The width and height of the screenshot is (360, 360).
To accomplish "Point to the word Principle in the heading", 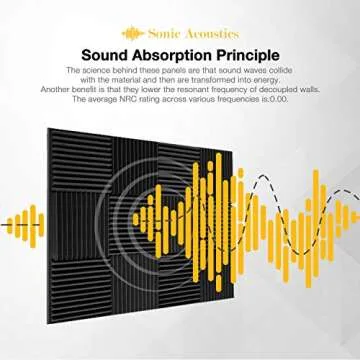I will click(x=250, y=53).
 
